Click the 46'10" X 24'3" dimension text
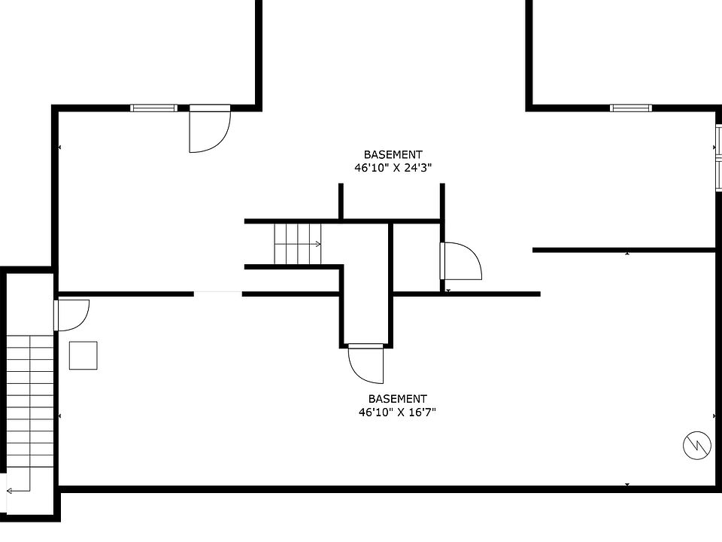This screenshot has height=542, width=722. coord(393,168)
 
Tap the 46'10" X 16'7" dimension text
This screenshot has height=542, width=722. coord(397,412)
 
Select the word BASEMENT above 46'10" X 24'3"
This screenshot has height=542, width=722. coord(393,154)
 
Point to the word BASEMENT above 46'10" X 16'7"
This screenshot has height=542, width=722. coord(397,399)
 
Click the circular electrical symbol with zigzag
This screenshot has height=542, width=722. coord(697,445)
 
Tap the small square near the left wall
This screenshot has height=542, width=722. coord(83,355)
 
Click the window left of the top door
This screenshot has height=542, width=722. coord(153,108)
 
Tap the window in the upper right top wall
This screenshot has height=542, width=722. coord(631,108)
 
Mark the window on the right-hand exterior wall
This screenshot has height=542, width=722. coord(718,157)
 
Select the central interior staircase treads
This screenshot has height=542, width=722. coord(298,244)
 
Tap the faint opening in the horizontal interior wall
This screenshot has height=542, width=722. coord(218,292)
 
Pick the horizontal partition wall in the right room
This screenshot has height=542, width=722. coord(624,250)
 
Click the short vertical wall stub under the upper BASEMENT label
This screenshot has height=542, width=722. coord(341,202)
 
